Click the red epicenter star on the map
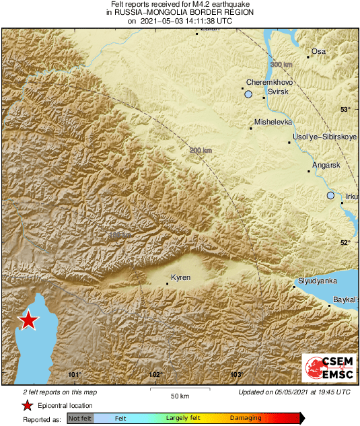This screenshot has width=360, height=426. pyautogui.click(x=28, y=320)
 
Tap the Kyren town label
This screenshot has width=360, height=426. pyautogui.click(x=181, y=277)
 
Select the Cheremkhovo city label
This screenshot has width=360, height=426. pyautogui.click(x=267, y=81)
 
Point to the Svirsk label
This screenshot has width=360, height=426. pyautogui.click(x=279, y=91)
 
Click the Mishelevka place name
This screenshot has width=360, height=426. pyautogui.click(x=273, y=122)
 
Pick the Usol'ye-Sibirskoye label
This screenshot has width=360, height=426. pyautogui.click(x=324, y=137)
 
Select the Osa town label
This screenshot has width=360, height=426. pyautogui.click(x=318, y=51)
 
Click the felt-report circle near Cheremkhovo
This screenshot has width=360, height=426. pyautogui.click(x=248, y=95)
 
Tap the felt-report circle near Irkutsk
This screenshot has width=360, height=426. pyautogui.click(x=330, y=195)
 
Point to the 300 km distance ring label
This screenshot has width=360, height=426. pyautogui.click(x=281, y=64)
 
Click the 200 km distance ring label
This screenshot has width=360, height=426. pyautogui.click(x=200, y=150)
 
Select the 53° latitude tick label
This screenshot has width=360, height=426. pyautogui.click(x=345, y=109)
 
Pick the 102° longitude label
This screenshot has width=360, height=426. pyautogui.click(x=155, y=375)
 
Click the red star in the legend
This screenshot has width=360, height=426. pyautogui.click(x=28, y=405)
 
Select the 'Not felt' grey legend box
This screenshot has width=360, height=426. pyautogui.click(x=79, y=418)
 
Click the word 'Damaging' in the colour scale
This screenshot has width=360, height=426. pyautogui.click(x=246, y=418)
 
